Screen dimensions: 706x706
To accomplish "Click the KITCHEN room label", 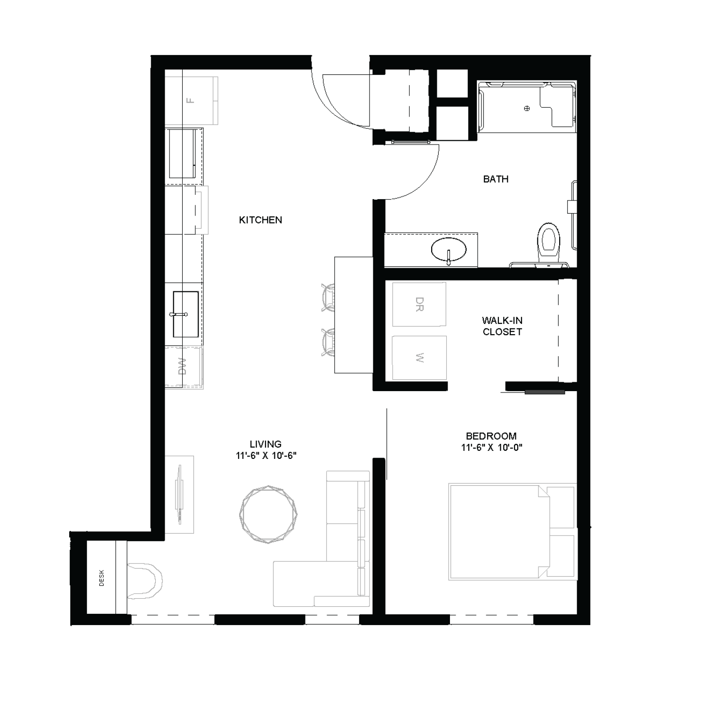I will (x=260, y=220).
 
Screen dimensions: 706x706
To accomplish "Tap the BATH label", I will (x=496, y=179).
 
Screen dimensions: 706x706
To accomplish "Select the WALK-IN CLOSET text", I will (x=502, y=326).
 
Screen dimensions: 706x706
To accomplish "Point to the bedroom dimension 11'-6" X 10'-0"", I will (x=492, y=447).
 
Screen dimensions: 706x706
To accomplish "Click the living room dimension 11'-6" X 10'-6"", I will (x=266, y=455).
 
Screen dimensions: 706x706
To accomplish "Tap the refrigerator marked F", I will (x=191, y=100).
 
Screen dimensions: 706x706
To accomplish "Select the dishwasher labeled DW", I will (x=183, y=367).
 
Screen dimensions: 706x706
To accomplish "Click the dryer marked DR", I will (x=419, y=304).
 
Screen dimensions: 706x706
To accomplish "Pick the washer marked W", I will (x=419, y=358).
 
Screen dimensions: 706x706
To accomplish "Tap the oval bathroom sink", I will (x=449, y=249).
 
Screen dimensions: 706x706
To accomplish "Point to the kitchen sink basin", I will (x=185, y=314).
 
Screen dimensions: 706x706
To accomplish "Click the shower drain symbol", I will (x=527, y=108).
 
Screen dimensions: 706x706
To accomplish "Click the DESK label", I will (x=102, y=578).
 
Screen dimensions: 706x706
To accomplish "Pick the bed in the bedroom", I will (x=499, y=531).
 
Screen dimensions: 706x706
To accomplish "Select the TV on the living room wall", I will (x=179, y=494).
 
